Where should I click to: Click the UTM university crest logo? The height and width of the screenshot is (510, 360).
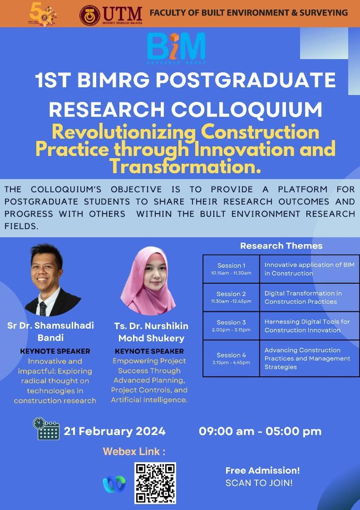tap(90, 15)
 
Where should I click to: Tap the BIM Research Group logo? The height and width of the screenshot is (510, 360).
tap(176, 48)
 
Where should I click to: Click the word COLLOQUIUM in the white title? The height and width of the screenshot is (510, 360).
tap(247, 110)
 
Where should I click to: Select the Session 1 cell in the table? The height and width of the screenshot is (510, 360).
tap(231, 269)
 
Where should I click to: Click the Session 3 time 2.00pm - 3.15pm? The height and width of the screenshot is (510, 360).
tap(231, 330)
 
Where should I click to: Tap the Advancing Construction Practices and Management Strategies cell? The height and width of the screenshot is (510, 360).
tap(307, 358)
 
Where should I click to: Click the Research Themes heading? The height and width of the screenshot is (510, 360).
tap(281, 246)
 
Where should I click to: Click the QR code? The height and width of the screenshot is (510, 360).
tap(155, 483)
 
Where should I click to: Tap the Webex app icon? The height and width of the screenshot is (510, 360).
tap(114, 484)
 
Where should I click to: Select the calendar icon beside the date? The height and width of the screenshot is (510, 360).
tap(46, 429)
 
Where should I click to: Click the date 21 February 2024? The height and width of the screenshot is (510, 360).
tap(115, 431)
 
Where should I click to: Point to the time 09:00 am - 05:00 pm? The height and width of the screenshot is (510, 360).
tap(260, 431)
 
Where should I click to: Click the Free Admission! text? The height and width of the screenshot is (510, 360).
tap(263, 470)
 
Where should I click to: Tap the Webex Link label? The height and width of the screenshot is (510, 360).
tap(134, 451)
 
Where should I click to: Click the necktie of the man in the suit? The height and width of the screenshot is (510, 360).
tap(42, 308)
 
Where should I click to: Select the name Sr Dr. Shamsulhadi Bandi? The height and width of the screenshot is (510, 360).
tap(50, 331)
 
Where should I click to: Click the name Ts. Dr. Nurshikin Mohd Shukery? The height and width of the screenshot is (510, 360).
tap(151, 332)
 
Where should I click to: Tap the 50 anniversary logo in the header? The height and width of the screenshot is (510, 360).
tap(42, 15)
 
